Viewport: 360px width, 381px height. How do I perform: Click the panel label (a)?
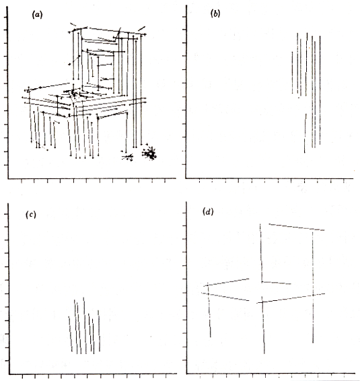point(37,15)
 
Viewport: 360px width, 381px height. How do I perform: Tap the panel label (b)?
point(215,13)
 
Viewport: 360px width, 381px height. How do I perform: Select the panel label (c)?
point(31,215)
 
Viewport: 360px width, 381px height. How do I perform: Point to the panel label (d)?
point(208,212)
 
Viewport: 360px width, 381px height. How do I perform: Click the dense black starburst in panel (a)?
point(150,153)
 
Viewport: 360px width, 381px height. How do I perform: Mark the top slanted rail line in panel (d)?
point(297,227)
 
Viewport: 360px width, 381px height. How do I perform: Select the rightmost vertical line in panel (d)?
point(313,287)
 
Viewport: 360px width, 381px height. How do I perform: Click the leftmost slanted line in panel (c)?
point(70,334)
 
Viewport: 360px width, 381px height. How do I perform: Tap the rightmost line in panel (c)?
point(99,331)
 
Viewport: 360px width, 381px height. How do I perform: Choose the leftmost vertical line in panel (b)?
point(292,73)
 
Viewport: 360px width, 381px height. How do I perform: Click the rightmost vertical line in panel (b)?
point(320,90)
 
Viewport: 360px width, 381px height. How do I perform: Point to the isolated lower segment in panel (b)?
point(305,133)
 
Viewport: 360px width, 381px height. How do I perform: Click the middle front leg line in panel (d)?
point(263,325)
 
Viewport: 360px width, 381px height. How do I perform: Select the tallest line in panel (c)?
point(85,325)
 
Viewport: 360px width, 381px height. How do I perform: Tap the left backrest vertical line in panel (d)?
point(261,253)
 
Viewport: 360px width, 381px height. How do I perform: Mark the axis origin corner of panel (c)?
point(9,374)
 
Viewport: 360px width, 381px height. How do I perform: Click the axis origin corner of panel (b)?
point(186,178)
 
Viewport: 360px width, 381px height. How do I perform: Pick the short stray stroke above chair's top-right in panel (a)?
point(141,28)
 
